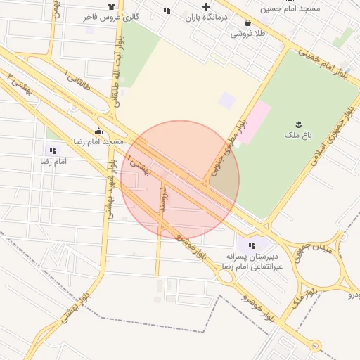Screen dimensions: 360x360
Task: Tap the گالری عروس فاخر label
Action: (x=135, y=15)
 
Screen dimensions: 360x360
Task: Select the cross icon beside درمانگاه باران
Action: (x=206, y=6)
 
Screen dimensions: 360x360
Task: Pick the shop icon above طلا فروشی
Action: (x=248, y=22)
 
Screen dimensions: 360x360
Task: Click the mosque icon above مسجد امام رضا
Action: (x=98, y=131)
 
